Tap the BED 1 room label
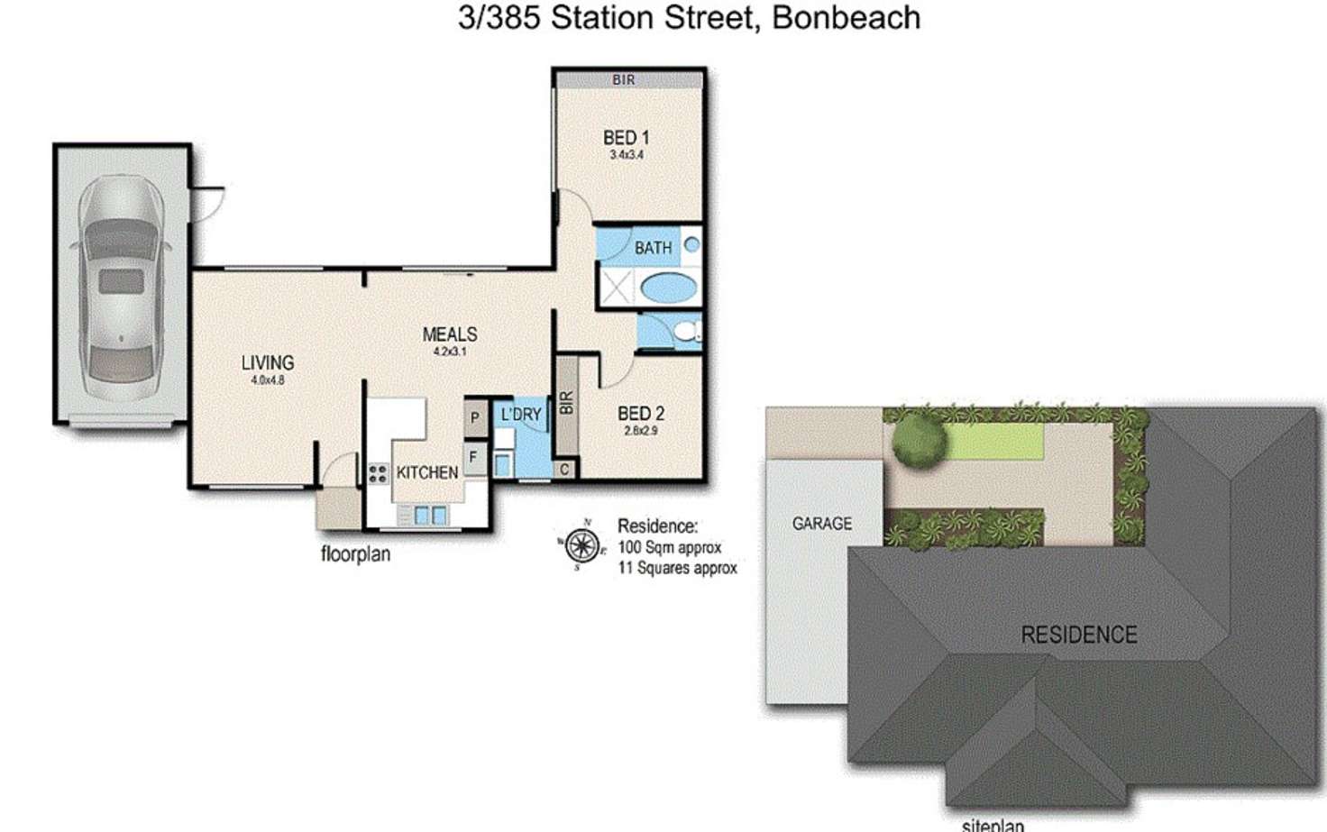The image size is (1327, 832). point(626,138)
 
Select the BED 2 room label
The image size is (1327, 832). point(641,414)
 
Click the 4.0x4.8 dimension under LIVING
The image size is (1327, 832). point(268,380)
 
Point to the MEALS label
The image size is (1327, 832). point(450,334)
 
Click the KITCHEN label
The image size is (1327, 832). point(427,472)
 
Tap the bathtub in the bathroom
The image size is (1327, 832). point(668,289)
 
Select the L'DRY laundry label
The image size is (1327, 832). point(521,415)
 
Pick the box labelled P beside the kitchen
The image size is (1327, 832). point(475,418)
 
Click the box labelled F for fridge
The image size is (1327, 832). point(474,458)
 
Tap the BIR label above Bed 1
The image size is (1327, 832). point(624,79)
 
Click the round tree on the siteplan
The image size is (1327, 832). point(919,440)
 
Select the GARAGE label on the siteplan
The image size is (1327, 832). point(821,523)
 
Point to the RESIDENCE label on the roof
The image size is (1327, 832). point(1078,635)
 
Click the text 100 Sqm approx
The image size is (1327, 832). point(669,547)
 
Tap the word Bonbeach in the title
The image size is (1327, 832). point(847,18)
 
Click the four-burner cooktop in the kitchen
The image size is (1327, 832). point(378,472)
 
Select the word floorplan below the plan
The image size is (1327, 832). point(355,553)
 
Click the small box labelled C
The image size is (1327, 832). point(564,470)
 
